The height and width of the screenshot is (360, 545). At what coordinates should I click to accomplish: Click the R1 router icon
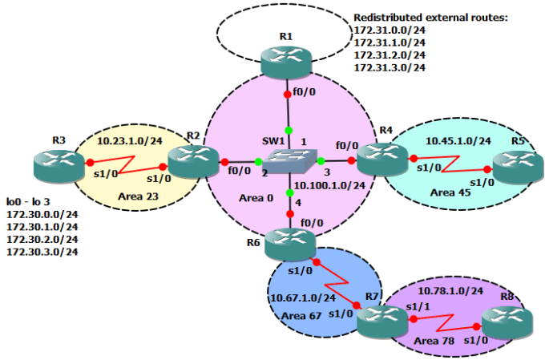click(286, 62)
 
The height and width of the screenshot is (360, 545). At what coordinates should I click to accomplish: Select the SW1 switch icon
click(289, 161)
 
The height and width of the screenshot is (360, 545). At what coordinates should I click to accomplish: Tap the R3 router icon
click(59, 165)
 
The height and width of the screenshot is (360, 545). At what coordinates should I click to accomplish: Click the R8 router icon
click(507, 323)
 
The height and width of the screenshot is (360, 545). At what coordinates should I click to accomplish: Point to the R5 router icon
click(518, 168)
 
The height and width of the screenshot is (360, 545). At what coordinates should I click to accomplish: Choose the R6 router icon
click(290, 244)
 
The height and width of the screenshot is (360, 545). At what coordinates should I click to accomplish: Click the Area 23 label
click(138, 196)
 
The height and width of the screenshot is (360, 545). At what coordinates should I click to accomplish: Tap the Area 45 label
click(450, 192)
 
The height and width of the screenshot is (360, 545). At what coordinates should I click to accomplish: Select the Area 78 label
click(434, 341)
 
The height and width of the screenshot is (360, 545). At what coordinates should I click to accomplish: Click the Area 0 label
click(256, 198)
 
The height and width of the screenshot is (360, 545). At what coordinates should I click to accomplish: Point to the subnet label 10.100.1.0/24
click(329, 185)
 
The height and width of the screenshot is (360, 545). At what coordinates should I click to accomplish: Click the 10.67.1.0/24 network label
click(303, 297)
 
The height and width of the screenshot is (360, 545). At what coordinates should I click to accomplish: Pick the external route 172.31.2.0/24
click(390, 55)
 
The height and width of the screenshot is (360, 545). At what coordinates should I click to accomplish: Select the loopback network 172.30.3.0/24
click(42, 252)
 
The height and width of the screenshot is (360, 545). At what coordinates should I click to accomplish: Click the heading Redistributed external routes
click(430, 18)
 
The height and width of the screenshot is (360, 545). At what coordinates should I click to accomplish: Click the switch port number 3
click(327, 172)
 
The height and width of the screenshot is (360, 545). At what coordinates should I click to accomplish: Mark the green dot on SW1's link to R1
click(289, 131)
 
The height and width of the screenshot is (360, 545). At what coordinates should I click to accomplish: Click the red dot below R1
click(288, 95)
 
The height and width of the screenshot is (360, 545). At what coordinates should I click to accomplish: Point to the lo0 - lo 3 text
click(28, 202)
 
